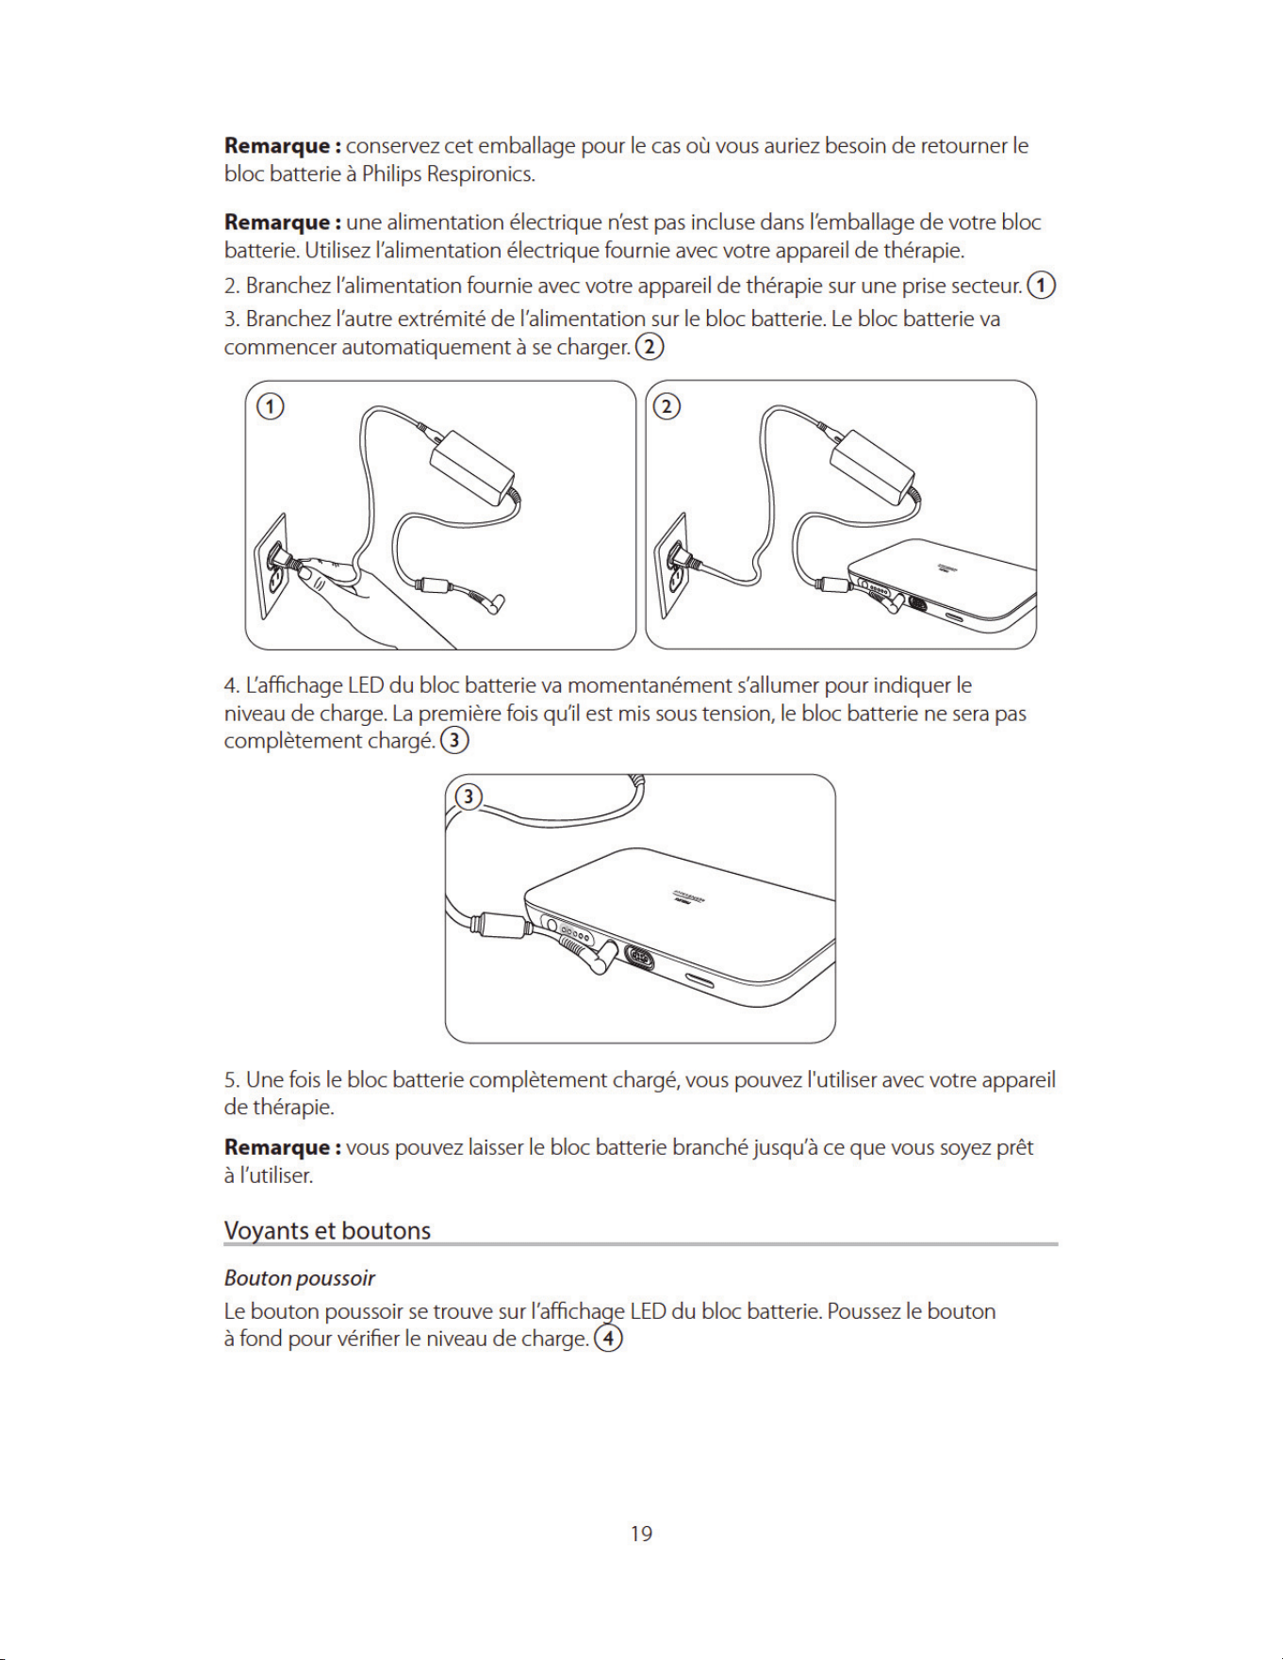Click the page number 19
(641, 1534)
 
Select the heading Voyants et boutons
(327, 1231)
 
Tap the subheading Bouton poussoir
(300, 1278)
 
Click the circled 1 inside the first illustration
(271, 406)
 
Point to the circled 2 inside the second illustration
(666, 406)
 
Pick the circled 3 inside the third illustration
(469, 797)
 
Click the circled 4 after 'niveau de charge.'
(609, 1339)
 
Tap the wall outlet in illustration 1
(271, 566)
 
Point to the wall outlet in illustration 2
(672, 566)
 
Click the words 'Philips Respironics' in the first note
(448, 174)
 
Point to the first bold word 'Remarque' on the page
(277, 147)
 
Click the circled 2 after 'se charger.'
(650, 347)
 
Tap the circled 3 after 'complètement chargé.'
(454, 740)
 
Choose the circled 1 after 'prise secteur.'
(1042, 285)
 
